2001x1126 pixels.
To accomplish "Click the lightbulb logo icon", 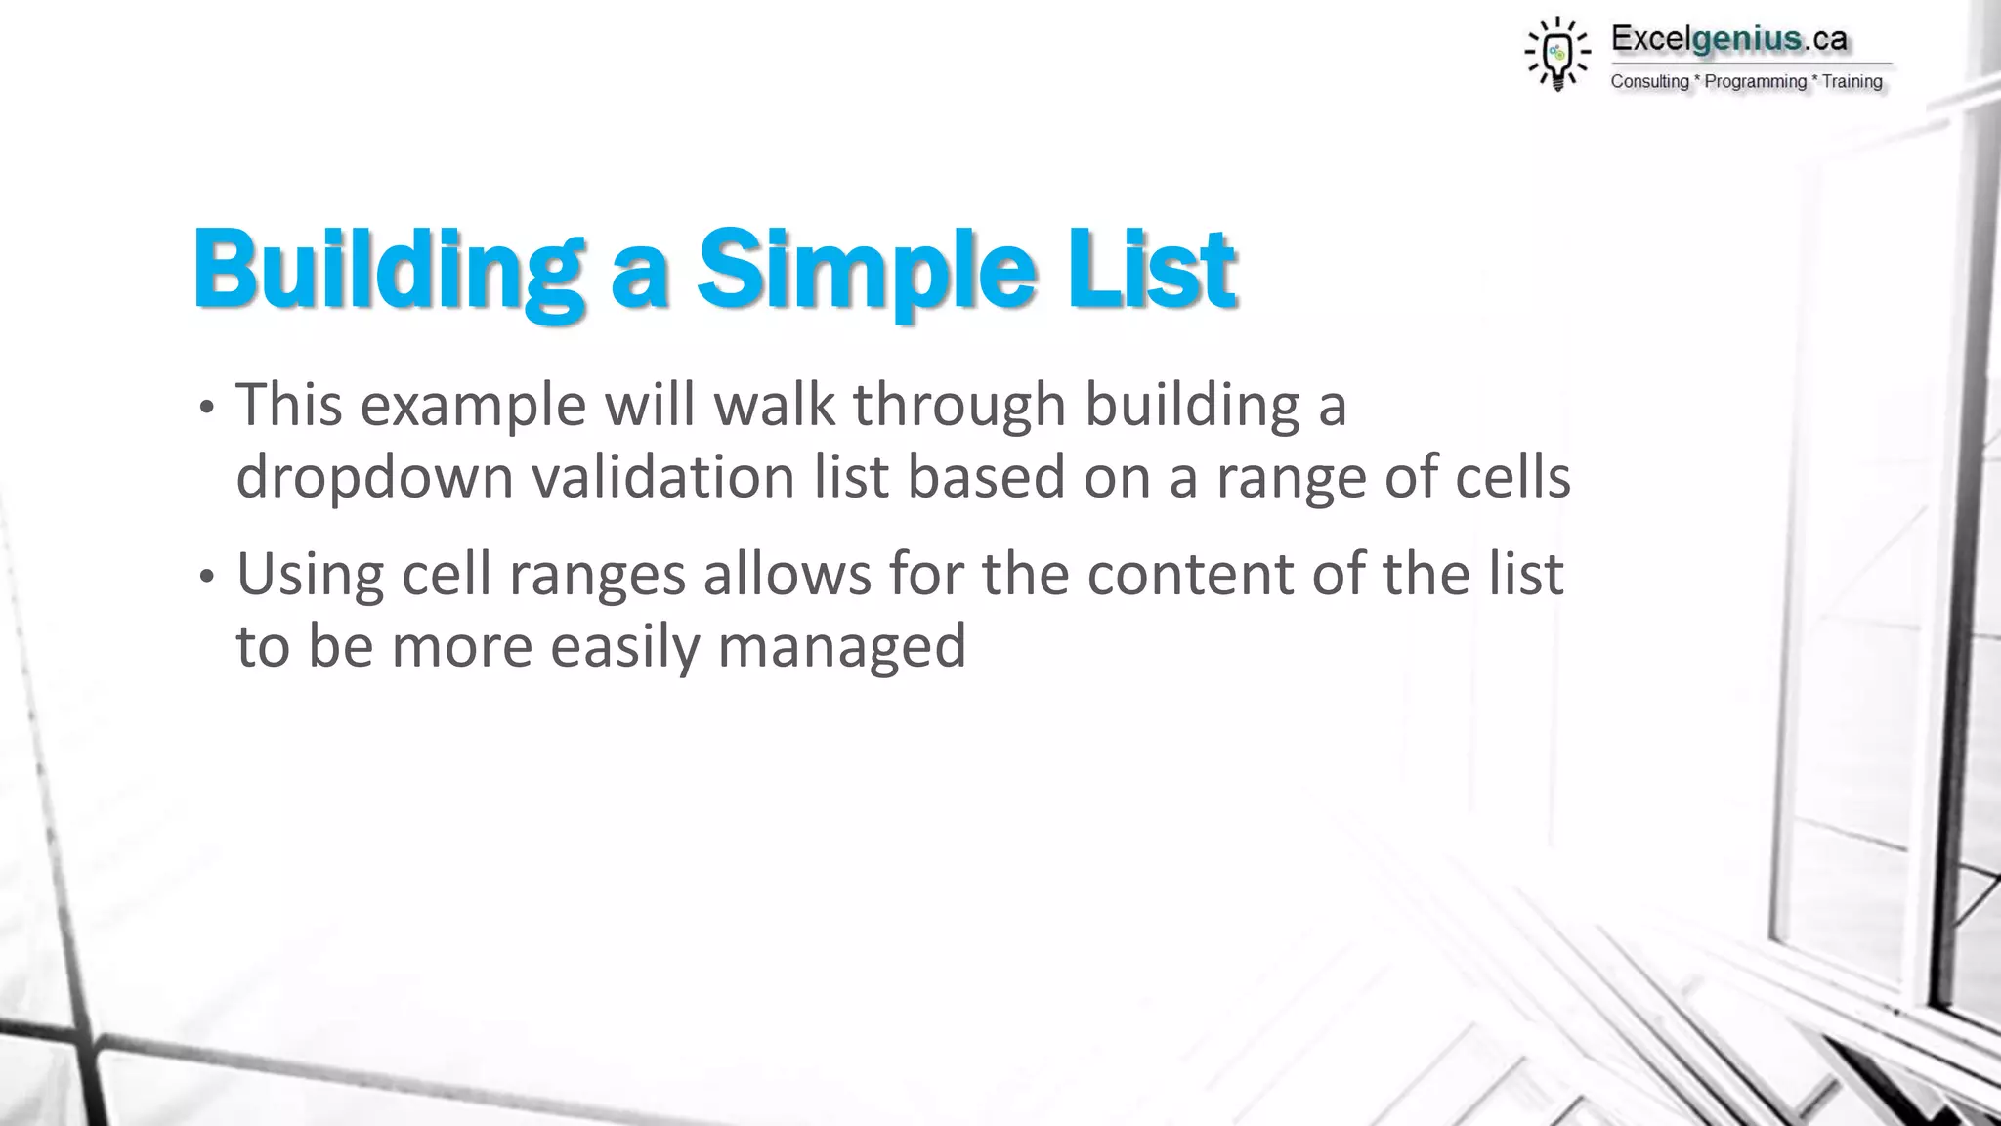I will pos(1557,54).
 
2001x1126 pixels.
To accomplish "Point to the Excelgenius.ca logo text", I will pos(1728,39).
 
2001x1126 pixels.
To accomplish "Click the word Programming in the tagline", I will pos(1755,82).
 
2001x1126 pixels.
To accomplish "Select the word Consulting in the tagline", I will pos(1649,82).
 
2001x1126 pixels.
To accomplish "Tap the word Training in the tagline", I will pos(1852,82).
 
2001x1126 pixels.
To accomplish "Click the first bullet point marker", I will pos(205,409).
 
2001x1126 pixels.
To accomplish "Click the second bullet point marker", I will pos(205,578).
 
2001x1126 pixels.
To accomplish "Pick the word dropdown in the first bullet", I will pos(374,479).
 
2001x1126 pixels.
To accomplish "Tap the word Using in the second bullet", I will pos(310,575).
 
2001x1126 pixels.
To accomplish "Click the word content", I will pos(1189,575).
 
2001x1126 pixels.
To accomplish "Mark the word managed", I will pos(841,647).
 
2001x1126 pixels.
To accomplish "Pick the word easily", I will pos(623,647).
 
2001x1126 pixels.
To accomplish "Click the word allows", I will pos(787,574).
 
